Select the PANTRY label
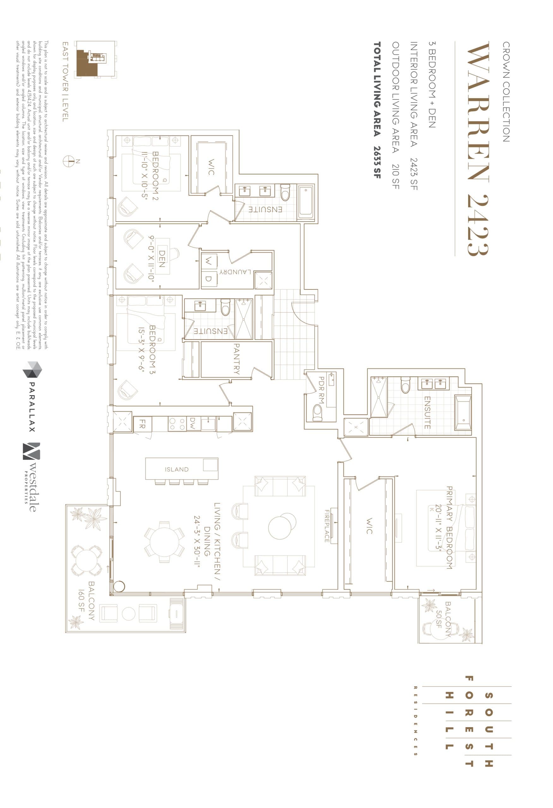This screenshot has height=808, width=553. pyautogui.click(x=236, y=359)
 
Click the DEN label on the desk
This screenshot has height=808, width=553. pyautogui.click(x=162, y=259)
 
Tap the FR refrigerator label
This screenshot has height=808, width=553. pyautogui.click(x=142, y=424)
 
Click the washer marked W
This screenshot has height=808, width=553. pyautogui.click(x=208, y=261)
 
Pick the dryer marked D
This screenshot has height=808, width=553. pyautogui.click(x=208, y=278)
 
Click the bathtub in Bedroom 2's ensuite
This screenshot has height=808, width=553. pyautogui.click(x=306, y=201)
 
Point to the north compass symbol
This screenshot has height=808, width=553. pyautogui.click(x=69, y=161)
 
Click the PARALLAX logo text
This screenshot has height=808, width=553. pyautogui.click(x=32, y=407)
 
